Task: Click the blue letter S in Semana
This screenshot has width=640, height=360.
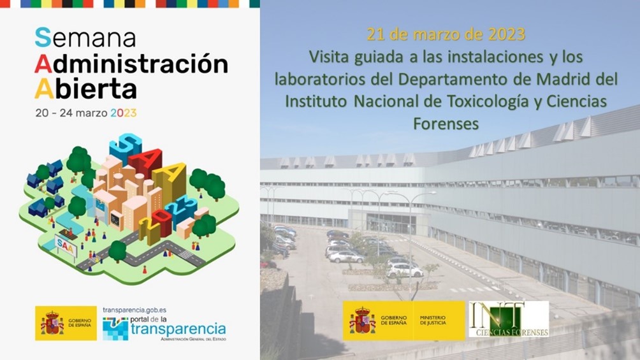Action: tap(43, 38)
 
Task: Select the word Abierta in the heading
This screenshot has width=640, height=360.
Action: tap(85, 89)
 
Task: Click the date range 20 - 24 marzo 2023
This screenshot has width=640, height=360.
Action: tap(86, 113)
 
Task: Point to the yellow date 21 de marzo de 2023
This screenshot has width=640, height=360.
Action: tap(446, 34)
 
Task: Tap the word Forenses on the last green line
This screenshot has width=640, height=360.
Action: tap(446, 123)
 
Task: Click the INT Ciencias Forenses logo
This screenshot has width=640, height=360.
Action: tap(509, 319)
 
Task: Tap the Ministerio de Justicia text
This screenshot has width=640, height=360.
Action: tap(433, 320)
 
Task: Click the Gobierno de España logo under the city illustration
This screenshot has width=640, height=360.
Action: tap(66, 323)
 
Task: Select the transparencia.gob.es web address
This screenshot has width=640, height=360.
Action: tap(135, 310)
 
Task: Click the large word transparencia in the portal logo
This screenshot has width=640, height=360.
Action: tap(178, 329)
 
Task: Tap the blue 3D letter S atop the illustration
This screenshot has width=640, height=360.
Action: tap(125, 147)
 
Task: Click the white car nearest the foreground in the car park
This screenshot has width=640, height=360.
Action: tap(404, 270)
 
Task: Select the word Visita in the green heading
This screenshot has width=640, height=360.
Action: tap(329, 57)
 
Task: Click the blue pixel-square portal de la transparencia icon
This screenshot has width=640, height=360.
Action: tap(115, 329)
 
